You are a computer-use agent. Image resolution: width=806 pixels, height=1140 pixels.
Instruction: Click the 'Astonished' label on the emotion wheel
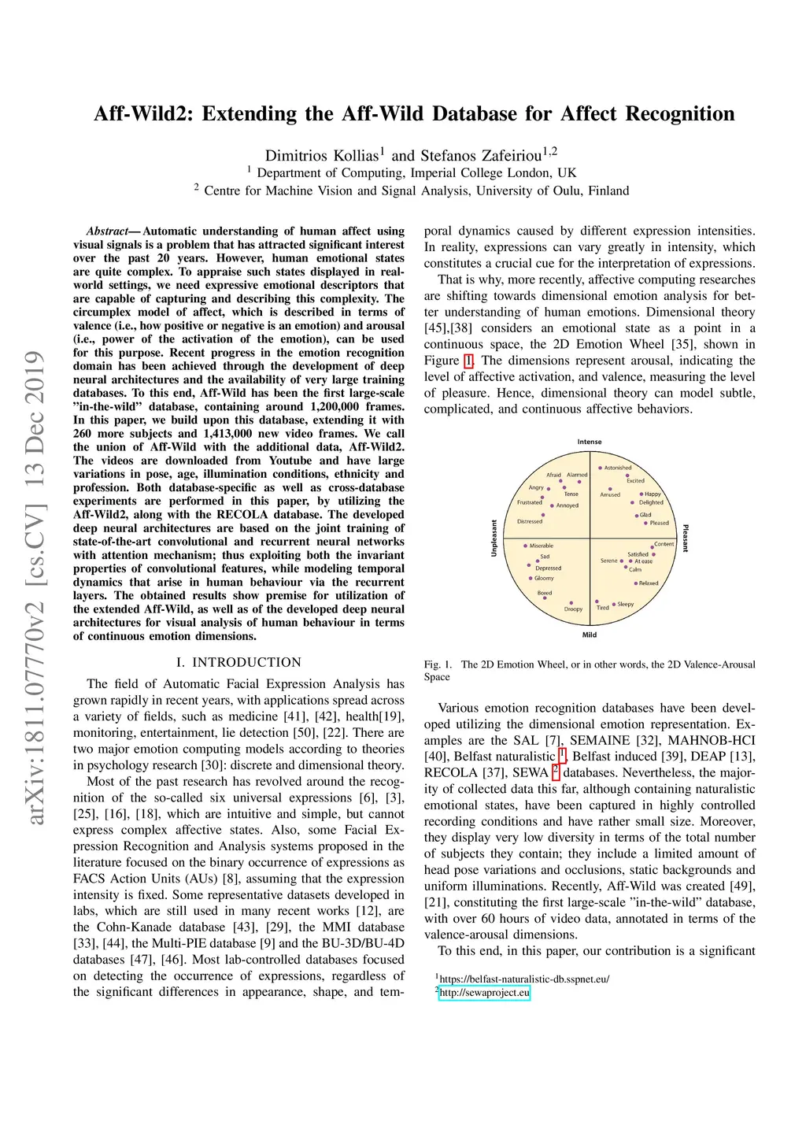618,468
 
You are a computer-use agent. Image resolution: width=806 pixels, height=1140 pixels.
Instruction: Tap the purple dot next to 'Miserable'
525,546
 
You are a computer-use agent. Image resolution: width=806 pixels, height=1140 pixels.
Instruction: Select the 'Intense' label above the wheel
590,442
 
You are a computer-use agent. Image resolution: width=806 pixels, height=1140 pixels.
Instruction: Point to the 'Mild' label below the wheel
590,635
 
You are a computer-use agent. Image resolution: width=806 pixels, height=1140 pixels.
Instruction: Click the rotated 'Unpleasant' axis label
494,539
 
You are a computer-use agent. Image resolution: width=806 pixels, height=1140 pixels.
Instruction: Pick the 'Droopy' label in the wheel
574,609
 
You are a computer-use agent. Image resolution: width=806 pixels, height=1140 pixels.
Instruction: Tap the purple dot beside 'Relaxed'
635,583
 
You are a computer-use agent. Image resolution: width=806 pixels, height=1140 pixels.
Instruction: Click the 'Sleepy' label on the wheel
626,604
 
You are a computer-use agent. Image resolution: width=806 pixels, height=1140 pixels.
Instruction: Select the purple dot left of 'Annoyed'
552,506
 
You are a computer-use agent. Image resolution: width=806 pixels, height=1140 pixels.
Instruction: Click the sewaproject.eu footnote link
484,993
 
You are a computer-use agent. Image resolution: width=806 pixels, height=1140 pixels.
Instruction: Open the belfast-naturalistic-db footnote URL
524,979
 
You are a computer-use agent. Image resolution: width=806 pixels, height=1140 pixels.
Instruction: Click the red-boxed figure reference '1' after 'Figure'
469,361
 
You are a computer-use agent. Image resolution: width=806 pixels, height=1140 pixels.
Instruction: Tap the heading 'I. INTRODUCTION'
238,662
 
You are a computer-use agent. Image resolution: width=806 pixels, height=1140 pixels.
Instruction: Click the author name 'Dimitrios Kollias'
321,156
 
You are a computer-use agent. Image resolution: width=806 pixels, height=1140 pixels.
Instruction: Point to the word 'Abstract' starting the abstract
107,231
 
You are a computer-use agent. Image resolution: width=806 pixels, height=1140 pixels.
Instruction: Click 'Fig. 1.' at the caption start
438,664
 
